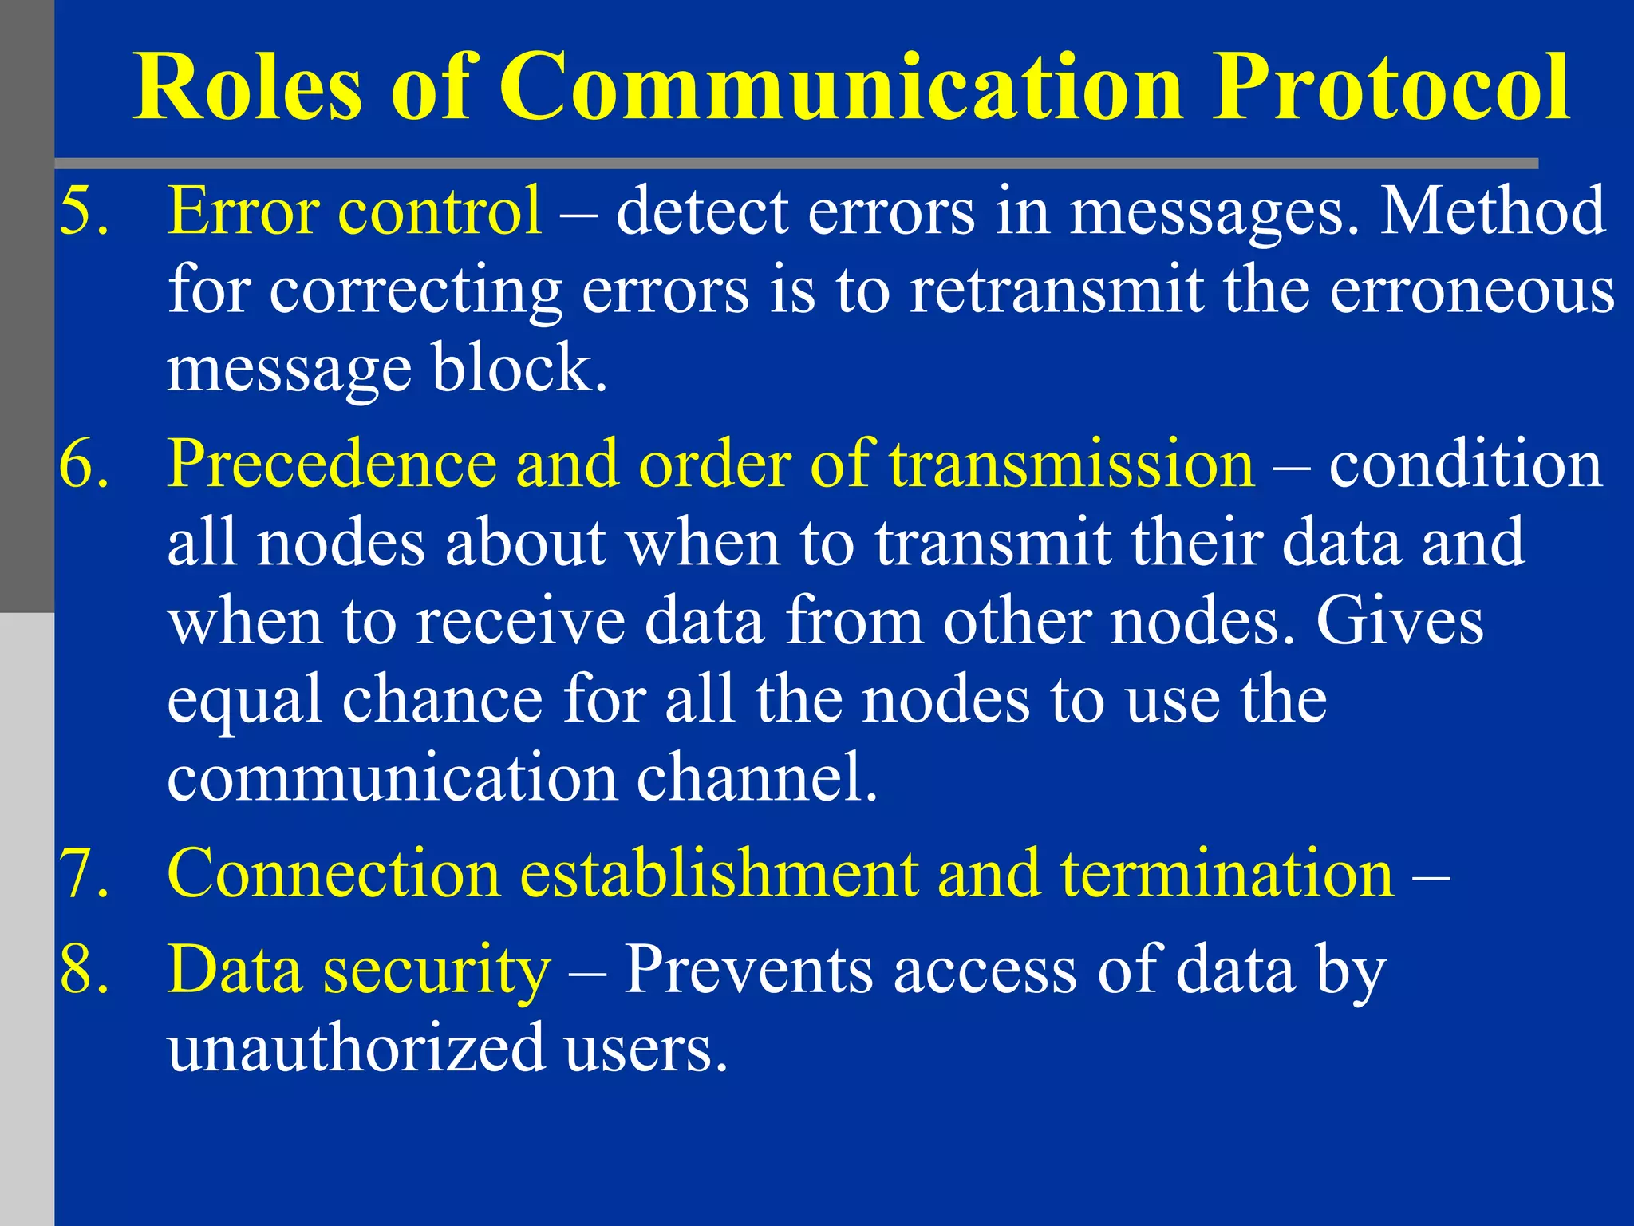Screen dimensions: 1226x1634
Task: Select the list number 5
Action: [84, 211]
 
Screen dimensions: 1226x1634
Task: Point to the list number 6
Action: [84, 464]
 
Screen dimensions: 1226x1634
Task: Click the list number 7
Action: [84, 874]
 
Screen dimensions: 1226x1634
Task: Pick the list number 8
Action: [84, 970]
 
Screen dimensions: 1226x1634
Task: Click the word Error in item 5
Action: [243, 211]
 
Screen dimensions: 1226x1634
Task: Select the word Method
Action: [1492, 211]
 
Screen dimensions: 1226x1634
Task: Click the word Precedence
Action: [332, 464]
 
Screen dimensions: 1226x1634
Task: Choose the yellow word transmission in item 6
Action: [1072, 464]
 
